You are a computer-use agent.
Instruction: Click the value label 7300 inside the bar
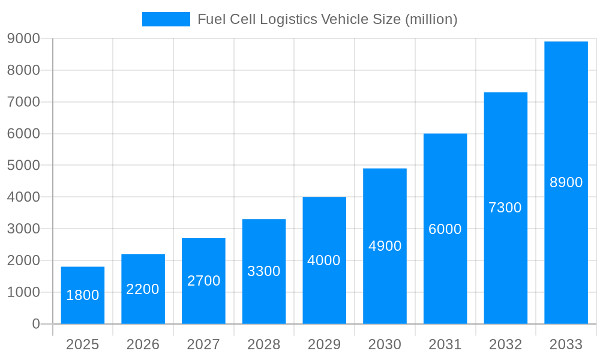tap(505, 208)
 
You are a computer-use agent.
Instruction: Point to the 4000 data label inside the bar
tap(324, 260)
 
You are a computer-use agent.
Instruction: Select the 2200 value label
tap(143, 289)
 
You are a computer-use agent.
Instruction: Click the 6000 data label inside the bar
tap(445, 229)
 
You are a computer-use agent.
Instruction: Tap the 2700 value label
tap(203, 281)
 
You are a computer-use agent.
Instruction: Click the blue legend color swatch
tap(166, 19)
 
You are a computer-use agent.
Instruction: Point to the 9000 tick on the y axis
tap(23, 38)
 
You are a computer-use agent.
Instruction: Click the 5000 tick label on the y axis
tap(23, 165)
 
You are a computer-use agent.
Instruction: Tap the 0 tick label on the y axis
tap(35, 324)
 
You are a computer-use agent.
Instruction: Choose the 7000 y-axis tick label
tap(23, 102)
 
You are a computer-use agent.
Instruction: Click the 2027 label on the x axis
tap(203, 344)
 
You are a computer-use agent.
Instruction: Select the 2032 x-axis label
tap(505, 344)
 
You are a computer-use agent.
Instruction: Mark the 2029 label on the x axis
tap(324, 344)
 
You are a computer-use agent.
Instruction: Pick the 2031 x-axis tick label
tap(445, 344)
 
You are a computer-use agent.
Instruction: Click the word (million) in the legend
tap(431, 19)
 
